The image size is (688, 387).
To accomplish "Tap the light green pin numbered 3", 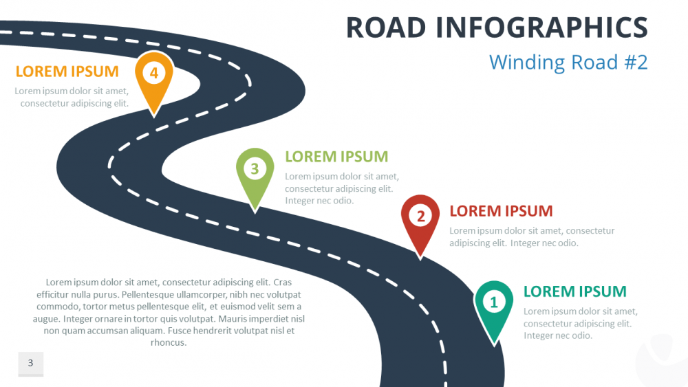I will click(255, 169).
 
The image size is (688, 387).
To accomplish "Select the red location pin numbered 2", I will click(420, 217).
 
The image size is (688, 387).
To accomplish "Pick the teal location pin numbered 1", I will click(493, 302).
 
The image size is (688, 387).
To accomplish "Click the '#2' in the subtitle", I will click(635, 63).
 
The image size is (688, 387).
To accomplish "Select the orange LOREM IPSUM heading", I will click(67, 71).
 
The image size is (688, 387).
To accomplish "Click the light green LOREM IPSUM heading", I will click(336, 157).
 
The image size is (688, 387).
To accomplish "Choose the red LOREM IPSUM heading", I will click(501, 211).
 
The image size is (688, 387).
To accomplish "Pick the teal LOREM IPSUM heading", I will click(575, 291).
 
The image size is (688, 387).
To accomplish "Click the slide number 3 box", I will click(30, 364).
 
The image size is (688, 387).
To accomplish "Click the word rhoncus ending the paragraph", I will click(169, 342).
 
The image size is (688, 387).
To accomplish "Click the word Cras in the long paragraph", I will click(283, 282).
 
